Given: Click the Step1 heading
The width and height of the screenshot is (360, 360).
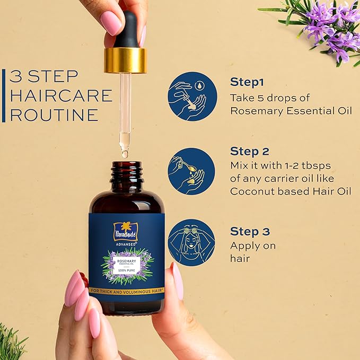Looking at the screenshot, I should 247,82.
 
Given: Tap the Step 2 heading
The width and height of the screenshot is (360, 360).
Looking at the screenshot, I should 250,151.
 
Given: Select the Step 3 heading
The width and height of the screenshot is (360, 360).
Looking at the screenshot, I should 250,232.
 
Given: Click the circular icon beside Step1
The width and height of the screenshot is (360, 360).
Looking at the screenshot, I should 192,96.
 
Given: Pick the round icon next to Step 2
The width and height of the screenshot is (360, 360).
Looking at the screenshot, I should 192,171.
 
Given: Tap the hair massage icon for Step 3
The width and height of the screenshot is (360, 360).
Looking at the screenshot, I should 191,242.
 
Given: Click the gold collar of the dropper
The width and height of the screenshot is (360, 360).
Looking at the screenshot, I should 125,60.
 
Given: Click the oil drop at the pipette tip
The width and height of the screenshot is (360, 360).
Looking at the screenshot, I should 125,153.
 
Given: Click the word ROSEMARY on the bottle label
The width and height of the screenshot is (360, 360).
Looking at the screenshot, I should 126,261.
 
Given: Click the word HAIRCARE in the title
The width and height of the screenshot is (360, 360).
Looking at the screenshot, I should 61,96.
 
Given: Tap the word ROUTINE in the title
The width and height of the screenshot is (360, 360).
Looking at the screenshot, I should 54,115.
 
